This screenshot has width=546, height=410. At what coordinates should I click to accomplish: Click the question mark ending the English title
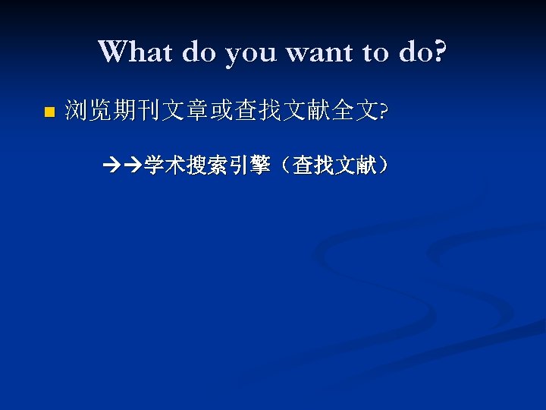coord(440,52)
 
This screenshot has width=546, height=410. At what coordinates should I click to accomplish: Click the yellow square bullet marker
coord(49,112)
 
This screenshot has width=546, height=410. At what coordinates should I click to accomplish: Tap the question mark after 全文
coord(383,112)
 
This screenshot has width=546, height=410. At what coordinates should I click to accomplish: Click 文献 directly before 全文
coord(307,112)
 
